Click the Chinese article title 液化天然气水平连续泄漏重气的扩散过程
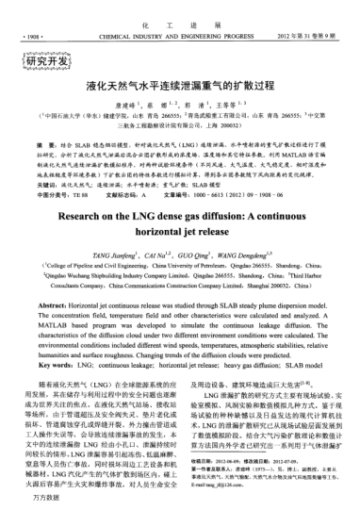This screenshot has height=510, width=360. pyautogui.click(x=180, y=83)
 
